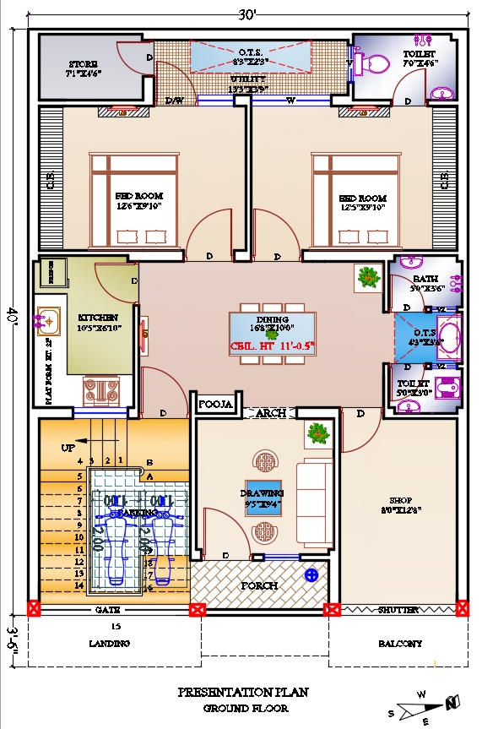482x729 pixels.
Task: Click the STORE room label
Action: click(83, 64)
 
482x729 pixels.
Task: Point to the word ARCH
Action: click(271, 413)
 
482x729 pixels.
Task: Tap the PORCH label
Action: click(259, 585)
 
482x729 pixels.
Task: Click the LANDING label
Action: click(110, 644)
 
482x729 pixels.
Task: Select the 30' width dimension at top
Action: click(246, 14)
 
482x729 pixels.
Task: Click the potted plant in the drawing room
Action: click(317, 433)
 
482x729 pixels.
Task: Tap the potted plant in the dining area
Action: click(368, 277)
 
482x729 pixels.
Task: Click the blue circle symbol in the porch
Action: click(311, 576)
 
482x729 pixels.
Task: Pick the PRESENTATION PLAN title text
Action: click(243, 692)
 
